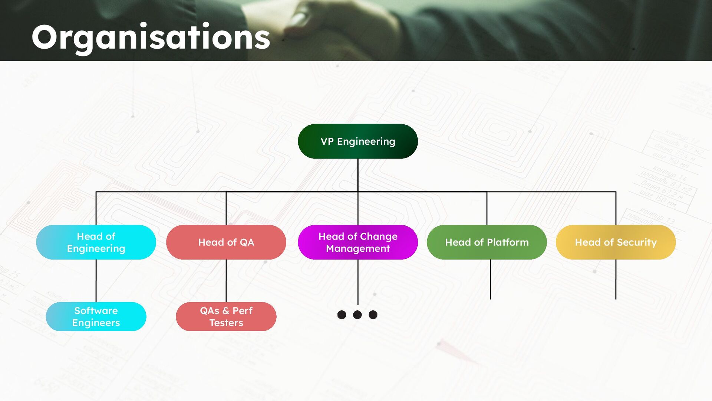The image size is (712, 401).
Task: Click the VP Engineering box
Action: point(357,141)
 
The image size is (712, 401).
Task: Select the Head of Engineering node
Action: point(96,242)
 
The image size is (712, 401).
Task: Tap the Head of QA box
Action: point(226,242)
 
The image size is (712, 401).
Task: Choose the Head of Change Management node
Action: point(357,242)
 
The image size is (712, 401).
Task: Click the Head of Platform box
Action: point(487,242)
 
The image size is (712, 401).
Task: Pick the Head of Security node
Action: point(616,242)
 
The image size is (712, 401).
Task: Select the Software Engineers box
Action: point(96,316)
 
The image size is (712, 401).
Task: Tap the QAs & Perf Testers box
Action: point(226,316)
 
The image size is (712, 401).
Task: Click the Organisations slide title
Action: point(151,37)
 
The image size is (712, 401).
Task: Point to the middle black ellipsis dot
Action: point(357,315)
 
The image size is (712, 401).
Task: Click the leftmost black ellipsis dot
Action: point(342,315)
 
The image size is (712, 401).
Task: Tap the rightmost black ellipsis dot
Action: point(373,315)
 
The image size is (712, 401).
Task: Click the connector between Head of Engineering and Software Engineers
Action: point(96,281)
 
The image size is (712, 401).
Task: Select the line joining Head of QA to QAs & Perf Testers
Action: point(226,281)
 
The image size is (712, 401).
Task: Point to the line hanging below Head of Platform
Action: point(490,279)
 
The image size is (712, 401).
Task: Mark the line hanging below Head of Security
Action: point(616,279)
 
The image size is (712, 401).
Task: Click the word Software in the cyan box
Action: point(96,310)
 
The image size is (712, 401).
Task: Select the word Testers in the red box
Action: point(226,323)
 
